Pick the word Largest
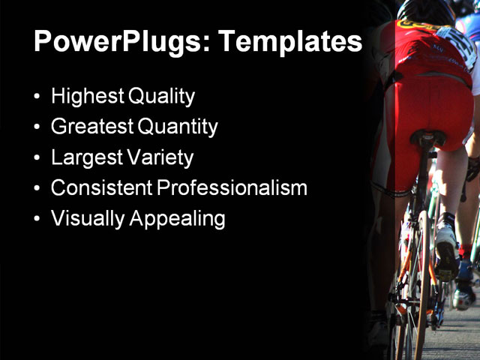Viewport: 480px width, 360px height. point(82,158)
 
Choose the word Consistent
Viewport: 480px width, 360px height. point(97,188)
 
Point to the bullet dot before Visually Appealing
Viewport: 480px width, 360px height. point(38,220)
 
